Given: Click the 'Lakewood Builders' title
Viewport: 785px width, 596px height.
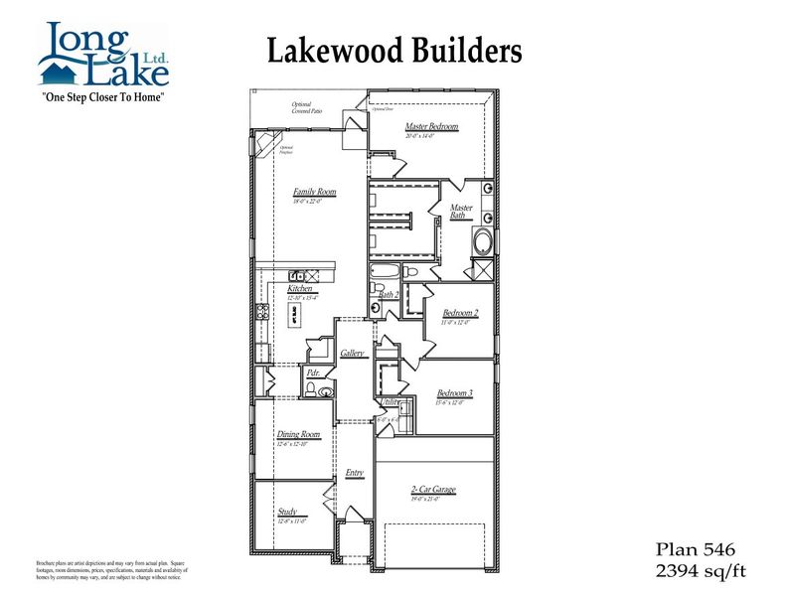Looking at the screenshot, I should (393, 50).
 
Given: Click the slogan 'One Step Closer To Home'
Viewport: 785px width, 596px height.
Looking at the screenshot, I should (101, 98).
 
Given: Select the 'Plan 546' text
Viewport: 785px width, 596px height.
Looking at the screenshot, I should (695, 548).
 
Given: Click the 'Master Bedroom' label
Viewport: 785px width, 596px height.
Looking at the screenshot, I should (431, 127).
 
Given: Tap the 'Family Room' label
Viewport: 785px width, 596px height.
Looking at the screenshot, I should (314, 192).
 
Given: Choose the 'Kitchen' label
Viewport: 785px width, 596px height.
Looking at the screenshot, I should (286, 289).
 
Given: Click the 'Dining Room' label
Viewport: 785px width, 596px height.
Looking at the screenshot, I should (298, 434).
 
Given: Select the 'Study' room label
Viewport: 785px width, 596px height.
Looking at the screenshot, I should (287, 512).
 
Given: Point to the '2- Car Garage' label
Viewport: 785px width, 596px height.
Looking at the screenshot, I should (433, 490).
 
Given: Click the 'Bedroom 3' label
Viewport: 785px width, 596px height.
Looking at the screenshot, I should (454, 393).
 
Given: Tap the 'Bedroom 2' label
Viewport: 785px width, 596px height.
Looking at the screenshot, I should (460, 313).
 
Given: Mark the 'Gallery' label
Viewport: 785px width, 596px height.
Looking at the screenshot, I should (352, 353).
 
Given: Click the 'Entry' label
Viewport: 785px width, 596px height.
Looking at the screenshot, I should (354, 473).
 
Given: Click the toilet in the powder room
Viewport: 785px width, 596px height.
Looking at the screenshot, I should (311, 392).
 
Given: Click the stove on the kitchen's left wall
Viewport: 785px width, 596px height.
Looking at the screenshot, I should (263, 312).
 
